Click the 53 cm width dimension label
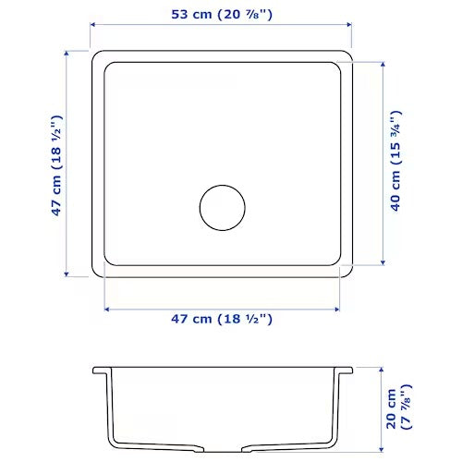(222, 15)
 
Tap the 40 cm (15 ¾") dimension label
(395, 163)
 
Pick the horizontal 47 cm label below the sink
(222, 319)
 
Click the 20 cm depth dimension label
(396, 407)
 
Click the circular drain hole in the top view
(223, 208)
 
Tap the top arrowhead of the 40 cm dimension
(381, 65)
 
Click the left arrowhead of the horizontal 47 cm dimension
(107, 306)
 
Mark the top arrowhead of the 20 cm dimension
(382, 368)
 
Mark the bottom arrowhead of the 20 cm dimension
(382, 452)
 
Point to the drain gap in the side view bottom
(223, 450)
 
